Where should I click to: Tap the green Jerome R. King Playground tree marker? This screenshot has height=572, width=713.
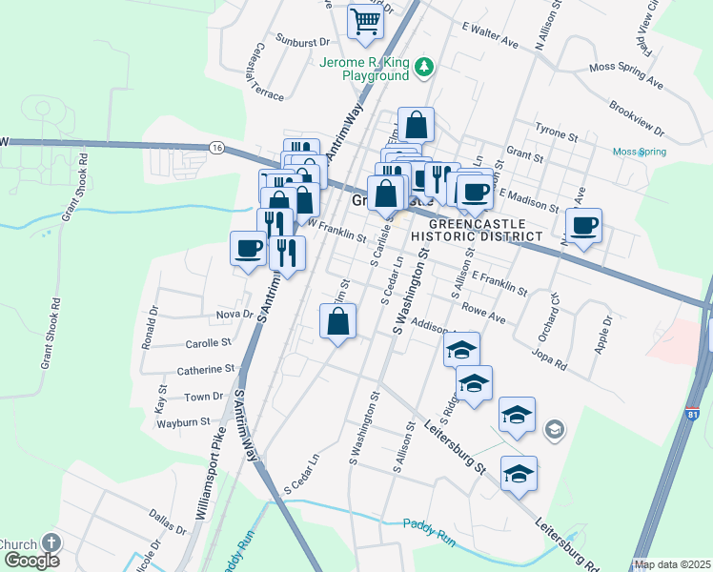[x=425, y=67]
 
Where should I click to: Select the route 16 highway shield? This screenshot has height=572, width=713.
[x=217, y=147]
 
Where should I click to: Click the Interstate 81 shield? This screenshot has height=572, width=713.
[x=692, y=415]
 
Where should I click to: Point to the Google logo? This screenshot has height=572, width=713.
[x=31, y=561]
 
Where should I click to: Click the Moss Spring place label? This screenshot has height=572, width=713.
[x=639, y=152]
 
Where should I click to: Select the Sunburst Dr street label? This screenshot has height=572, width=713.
[x=302, y=42]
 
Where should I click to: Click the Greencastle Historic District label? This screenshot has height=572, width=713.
[x=478, y=229]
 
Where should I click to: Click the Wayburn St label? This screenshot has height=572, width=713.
[x=183, y=421]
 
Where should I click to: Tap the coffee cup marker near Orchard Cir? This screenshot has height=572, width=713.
[x=584, y=227]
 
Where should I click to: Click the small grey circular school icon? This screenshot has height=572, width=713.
[x=554, y=432]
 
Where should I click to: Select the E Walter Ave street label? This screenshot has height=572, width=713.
[x=489, y=36]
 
